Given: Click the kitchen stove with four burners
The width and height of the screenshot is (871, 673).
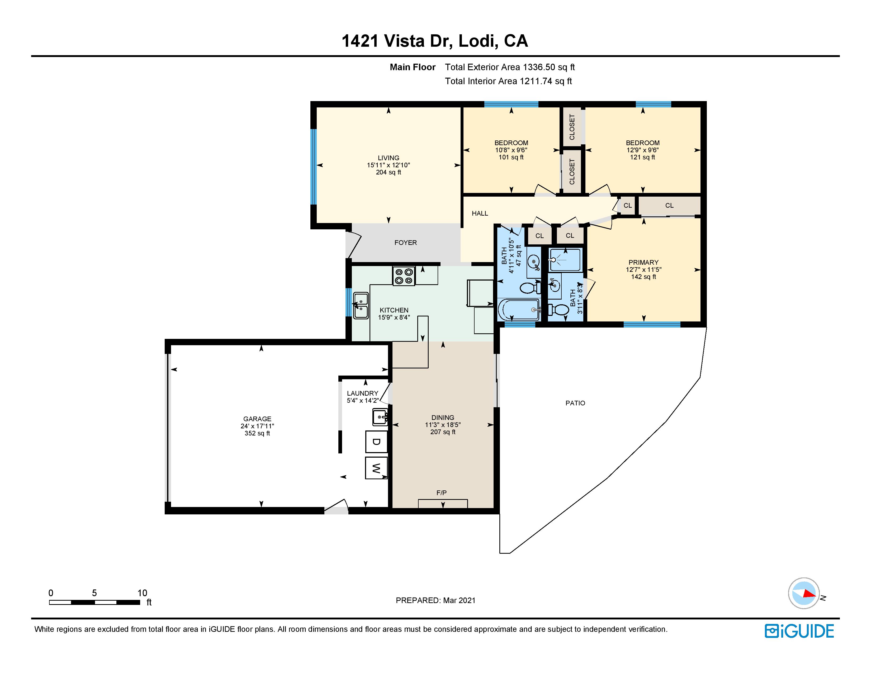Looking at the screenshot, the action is [x=404, y=276].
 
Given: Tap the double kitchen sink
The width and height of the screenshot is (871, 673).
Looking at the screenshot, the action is [x=361, y=305].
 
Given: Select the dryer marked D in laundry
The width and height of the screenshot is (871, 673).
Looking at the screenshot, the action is [x=376, y=441].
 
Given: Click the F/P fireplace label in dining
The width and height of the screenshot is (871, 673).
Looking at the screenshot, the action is [x=442, y=493].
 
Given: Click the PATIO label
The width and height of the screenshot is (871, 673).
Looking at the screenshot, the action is [x=575, y=403].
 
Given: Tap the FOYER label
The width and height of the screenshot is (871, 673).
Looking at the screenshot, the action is [x=406, y=242].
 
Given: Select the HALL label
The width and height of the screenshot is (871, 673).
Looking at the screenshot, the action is [x=480, y=213].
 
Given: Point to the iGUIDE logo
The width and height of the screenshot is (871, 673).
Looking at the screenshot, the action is [x=799, y=631].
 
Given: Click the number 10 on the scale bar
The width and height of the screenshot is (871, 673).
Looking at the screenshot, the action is [x=142, y=593].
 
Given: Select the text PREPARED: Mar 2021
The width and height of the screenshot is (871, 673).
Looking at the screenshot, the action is [x=435, y=600].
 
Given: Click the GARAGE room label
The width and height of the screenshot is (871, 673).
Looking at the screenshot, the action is [x=257, y=419].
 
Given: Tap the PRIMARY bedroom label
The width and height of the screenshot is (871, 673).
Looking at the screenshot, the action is [x=643, y=262].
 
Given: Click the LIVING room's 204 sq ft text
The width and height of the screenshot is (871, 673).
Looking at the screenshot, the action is [x=389, y=172].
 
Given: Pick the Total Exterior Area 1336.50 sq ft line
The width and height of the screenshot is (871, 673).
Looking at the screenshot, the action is [x=510, y=67].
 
